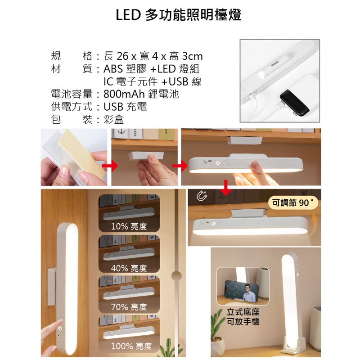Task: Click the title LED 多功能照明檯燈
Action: pos(178,15)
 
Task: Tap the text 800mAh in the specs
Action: pos(124,94)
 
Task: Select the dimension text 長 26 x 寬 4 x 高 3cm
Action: pos(153,56)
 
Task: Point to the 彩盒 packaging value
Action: pos(114,119)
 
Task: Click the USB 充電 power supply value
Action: pos(125,107)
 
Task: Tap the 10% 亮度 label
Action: pos(129,226)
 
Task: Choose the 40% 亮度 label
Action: pos(129,268)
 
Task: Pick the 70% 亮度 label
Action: pos(129,307)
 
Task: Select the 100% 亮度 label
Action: pos(131,346)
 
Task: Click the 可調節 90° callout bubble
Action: pos(293,203)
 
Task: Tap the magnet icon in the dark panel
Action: pos(202,196)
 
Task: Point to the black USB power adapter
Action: pos(295,103)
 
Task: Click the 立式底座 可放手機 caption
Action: pos(243,317)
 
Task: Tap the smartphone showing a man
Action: pos(241,291)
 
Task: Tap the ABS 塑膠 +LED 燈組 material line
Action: pos(152,69)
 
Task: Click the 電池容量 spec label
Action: pos(72,94)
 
